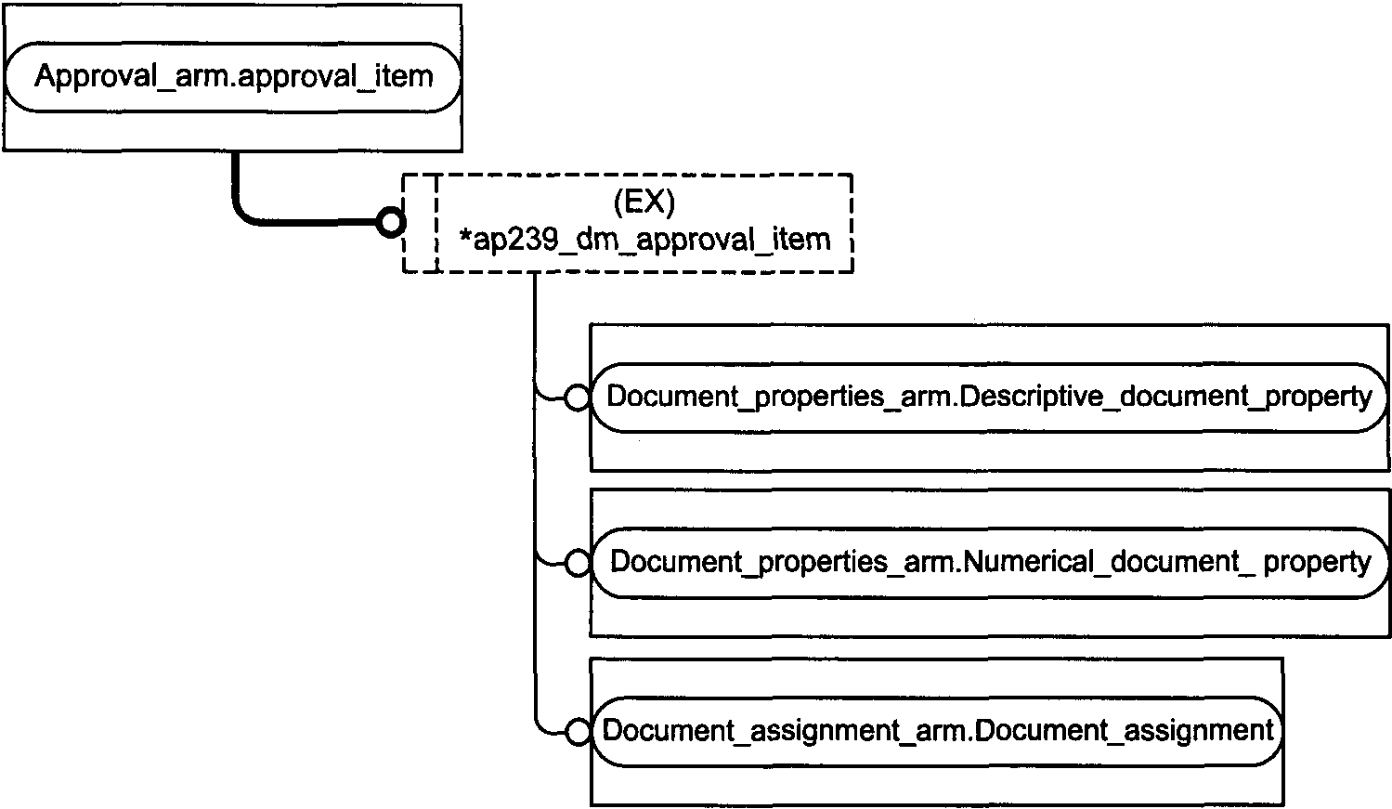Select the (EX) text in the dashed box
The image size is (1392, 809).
click(644, 202)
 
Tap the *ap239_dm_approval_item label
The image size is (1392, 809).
click(644, 240)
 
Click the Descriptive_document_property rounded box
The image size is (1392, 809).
click(989, 398)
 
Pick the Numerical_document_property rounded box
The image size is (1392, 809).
click(989, 563)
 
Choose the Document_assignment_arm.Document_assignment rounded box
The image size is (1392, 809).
click(936, 731)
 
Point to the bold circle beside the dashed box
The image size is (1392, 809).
click(391, 222)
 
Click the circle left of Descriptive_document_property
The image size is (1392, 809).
click(577, 398)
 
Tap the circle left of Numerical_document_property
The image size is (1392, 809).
click(578, 564)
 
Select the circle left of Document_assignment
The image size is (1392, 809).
click(578, 732)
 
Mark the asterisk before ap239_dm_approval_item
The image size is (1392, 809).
click(465, 234)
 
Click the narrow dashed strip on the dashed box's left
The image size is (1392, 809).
click(420, 223)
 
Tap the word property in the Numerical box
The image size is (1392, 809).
click(1317, 563)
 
